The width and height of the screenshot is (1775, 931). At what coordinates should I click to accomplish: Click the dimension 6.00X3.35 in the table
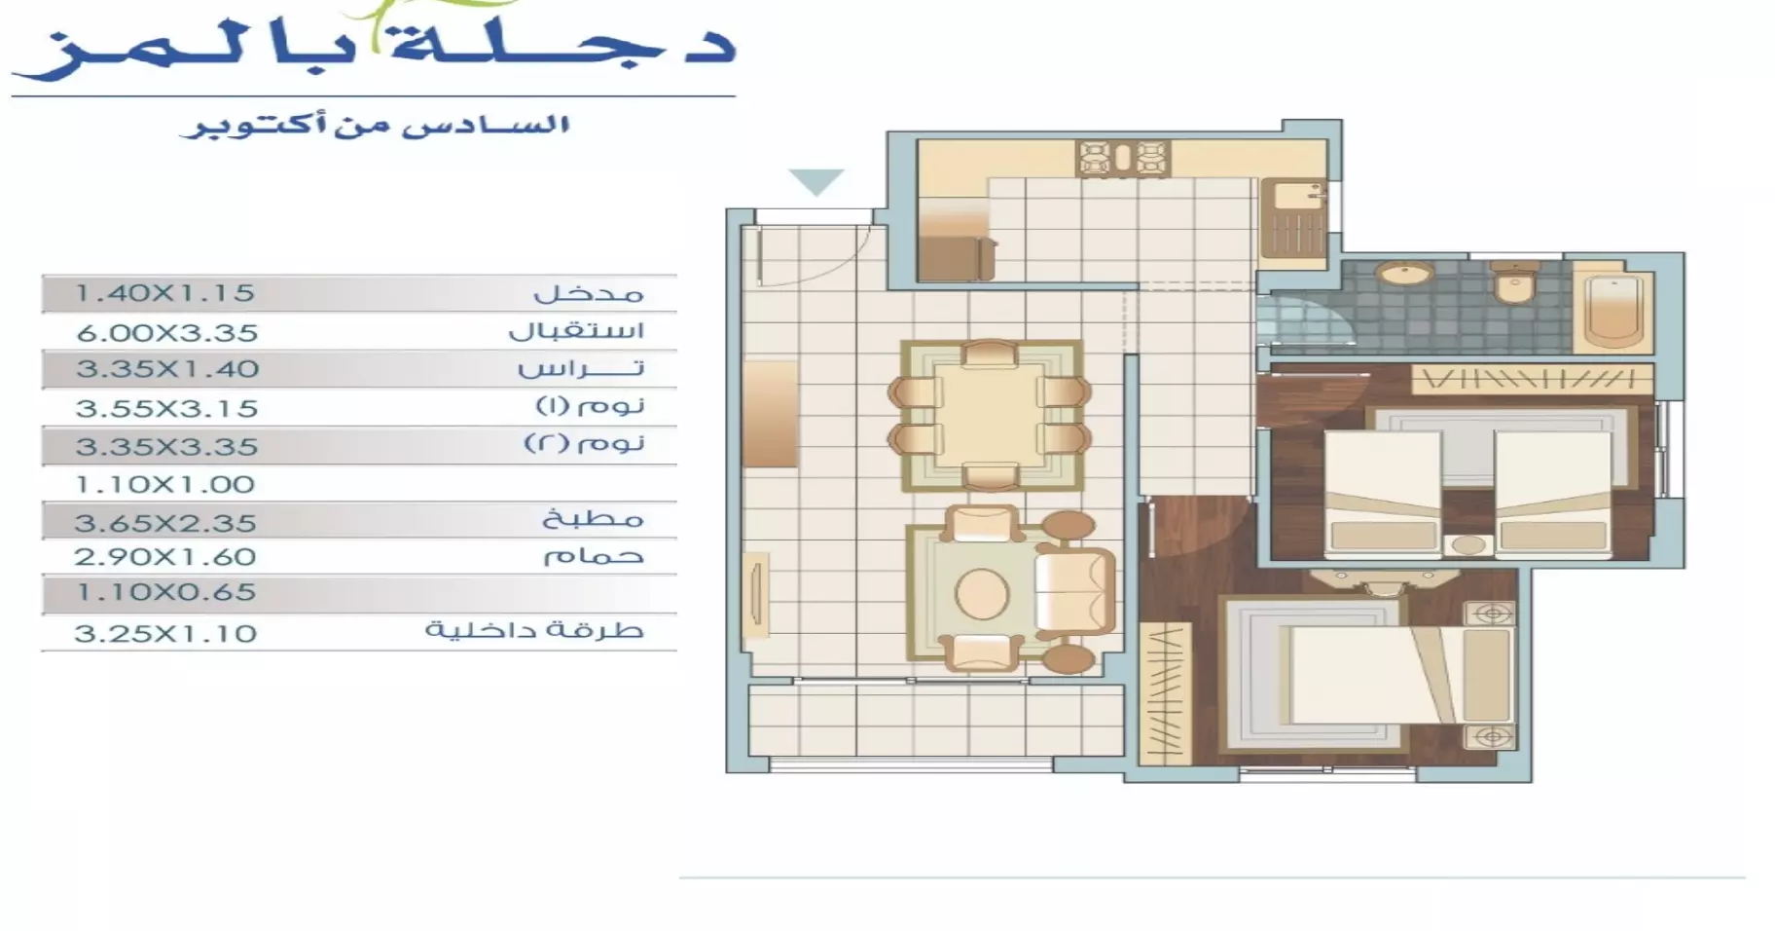click(x=166, y=332)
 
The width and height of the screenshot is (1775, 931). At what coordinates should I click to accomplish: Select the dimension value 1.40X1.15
click(x=164, y=292)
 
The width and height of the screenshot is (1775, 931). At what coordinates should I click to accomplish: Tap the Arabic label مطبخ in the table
click(x=593, y=519)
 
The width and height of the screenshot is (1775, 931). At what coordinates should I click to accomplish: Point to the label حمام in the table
click(x=593, y=556)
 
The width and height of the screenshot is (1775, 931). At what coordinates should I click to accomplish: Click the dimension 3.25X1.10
click(x=164, y=633)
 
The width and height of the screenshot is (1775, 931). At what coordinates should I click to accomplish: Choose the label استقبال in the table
click(x=576, y=330)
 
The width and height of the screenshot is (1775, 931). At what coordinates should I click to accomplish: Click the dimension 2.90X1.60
click(x=164, y=557)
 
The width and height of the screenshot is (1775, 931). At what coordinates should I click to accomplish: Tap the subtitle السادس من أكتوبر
click(x=375, y=127)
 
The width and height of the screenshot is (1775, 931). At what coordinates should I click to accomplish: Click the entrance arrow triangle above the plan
click(x=815, y=181)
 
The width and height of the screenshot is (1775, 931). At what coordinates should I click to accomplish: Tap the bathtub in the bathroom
click(x=1616, y=309)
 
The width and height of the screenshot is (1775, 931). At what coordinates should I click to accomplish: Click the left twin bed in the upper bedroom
click(x=1382, y=495)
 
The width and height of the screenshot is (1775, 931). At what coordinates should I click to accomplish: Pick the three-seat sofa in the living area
click(x=1075, y=591)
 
